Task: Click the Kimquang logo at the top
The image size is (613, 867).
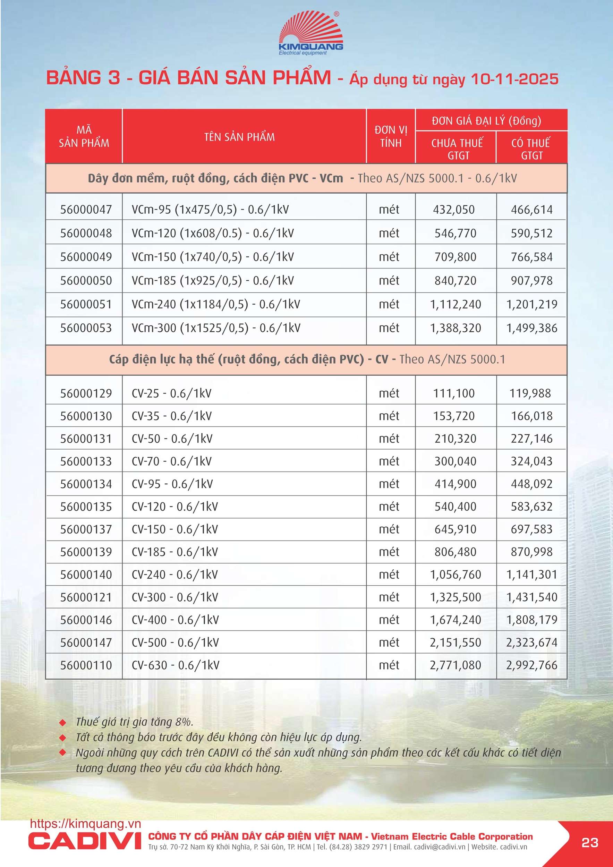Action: coord(310,34)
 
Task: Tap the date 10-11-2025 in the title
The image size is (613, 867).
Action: coord(514,79)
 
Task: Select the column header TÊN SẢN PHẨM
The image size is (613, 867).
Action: coord(239,137)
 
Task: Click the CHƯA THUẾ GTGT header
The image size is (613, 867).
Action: coord(457,149)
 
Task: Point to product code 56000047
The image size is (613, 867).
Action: coord(86,210)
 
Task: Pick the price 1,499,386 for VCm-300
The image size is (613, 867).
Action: coord(531,328)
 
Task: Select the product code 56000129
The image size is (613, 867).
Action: coord(86,393)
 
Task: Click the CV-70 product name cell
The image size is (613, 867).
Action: coord(171,461)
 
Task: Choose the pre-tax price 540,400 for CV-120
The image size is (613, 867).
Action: coord(455,507)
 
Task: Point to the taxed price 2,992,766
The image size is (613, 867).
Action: coord(531,665)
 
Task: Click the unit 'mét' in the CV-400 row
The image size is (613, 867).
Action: coord(389,620)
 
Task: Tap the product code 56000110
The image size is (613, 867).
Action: coord(86,665)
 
